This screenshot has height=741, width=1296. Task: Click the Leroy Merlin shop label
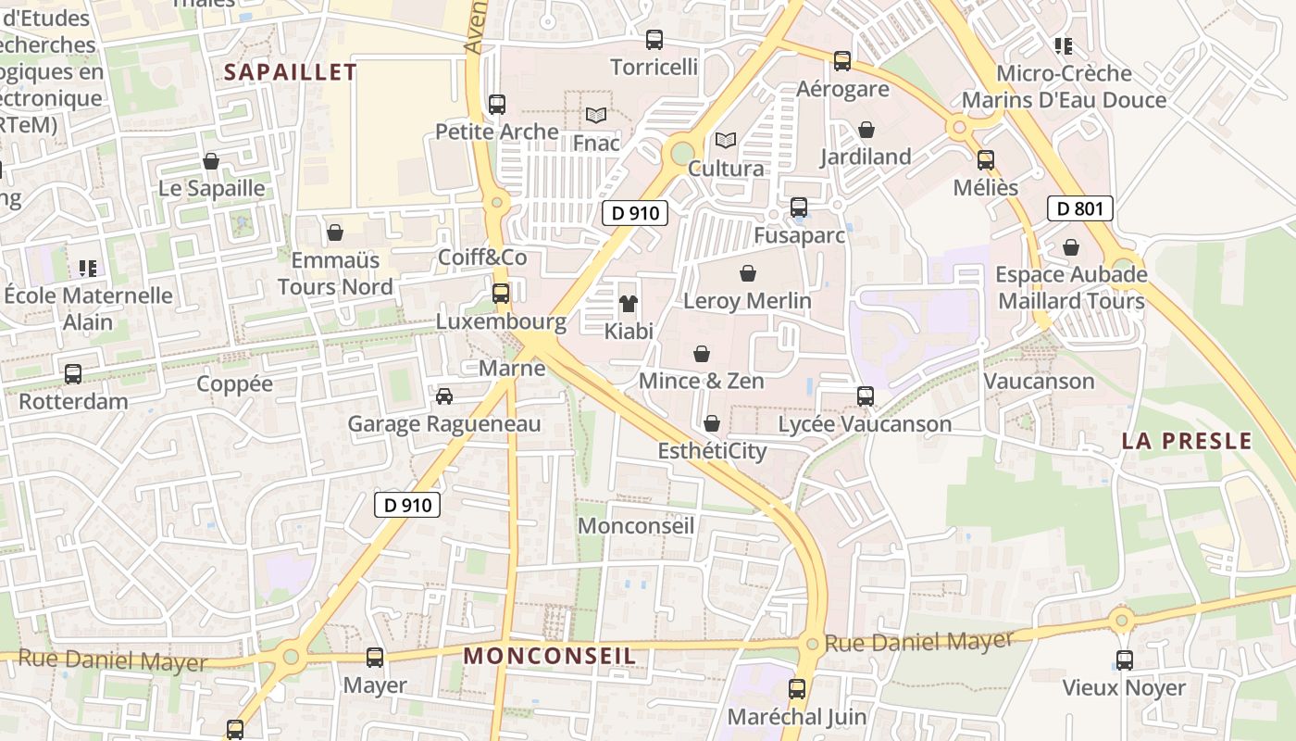pos(747,301)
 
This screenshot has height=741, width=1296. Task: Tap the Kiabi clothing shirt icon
pos(629,304)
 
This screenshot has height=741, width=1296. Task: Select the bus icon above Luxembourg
pos(501,294)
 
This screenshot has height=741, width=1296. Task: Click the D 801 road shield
pos(1080,208)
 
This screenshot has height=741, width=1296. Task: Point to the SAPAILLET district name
pos(291,72)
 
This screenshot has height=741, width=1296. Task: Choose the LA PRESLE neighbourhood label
pos(1187,441)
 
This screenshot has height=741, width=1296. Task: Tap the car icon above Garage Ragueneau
pos(444,396)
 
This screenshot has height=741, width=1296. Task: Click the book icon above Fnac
pos(596,116)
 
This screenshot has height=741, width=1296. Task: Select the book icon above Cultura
pos(726,141)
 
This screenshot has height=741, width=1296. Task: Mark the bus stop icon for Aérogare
pos(842,61)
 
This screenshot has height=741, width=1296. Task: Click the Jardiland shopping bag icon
pos(866,130)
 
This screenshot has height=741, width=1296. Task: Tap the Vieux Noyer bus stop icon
pos(1124,660)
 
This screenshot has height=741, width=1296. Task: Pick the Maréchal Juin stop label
pos(797,716)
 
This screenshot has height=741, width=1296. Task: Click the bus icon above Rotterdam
pos(73,374)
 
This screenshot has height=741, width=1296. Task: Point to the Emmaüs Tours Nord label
pos(335,272)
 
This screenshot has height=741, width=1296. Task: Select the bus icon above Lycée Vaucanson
pos(866,396)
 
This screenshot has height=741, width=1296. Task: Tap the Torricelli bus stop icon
pos(654,40)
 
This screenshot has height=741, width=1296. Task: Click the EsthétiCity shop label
pos(712,451)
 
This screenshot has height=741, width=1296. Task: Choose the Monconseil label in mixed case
pos(636,526)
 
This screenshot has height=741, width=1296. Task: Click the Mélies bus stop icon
pos(986,160)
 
